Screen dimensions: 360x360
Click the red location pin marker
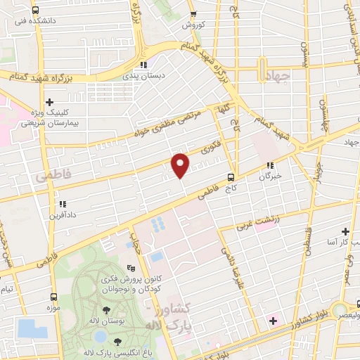point(181,165)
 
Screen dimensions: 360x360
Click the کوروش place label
point(193,25)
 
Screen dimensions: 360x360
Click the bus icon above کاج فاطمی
point(231,179)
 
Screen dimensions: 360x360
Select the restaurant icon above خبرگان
point(269,166)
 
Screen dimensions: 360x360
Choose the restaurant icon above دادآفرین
point(63,204)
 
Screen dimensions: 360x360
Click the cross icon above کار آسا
point(345,231)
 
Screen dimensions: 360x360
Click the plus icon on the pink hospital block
point(273,321)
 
